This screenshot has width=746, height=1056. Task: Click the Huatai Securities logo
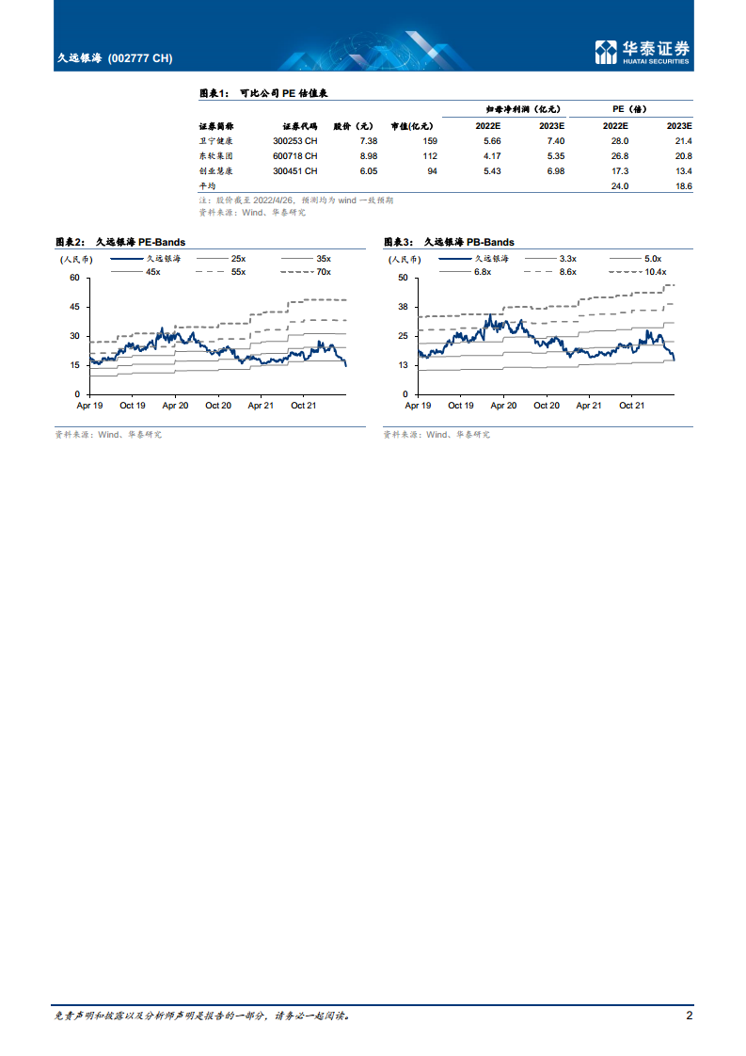point(643,53)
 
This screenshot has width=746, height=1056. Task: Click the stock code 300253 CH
point(294,140)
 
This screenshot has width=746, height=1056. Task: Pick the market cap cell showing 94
point(432,170)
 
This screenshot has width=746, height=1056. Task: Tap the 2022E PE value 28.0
point(619,140)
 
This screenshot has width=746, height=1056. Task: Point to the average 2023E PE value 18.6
point(683,186)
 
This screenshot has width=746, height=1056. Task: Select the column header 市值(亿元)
point(412,125)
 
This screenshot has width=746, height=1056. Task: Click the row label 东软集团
point(214,155)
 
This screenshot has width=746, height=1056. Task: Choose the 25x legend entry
point(237,258)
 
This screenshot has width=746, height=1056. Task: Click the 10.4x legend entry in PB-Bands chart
point(654,271)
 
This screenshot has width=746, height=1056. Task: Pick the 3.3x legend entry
point(567,258)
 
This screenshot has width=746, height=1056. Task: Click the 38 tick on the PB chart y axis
point(403,307)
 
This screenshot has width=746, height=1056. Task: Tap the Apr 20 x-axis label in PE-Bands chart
point(176,405)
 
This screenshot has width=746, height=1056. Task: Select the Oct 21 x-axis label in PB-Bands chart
point(631,405)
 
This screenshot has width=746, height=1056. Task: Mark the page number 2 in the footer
point(690,1016)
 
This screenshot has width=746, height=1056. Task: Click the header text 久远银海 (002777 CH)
point(115,58)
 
